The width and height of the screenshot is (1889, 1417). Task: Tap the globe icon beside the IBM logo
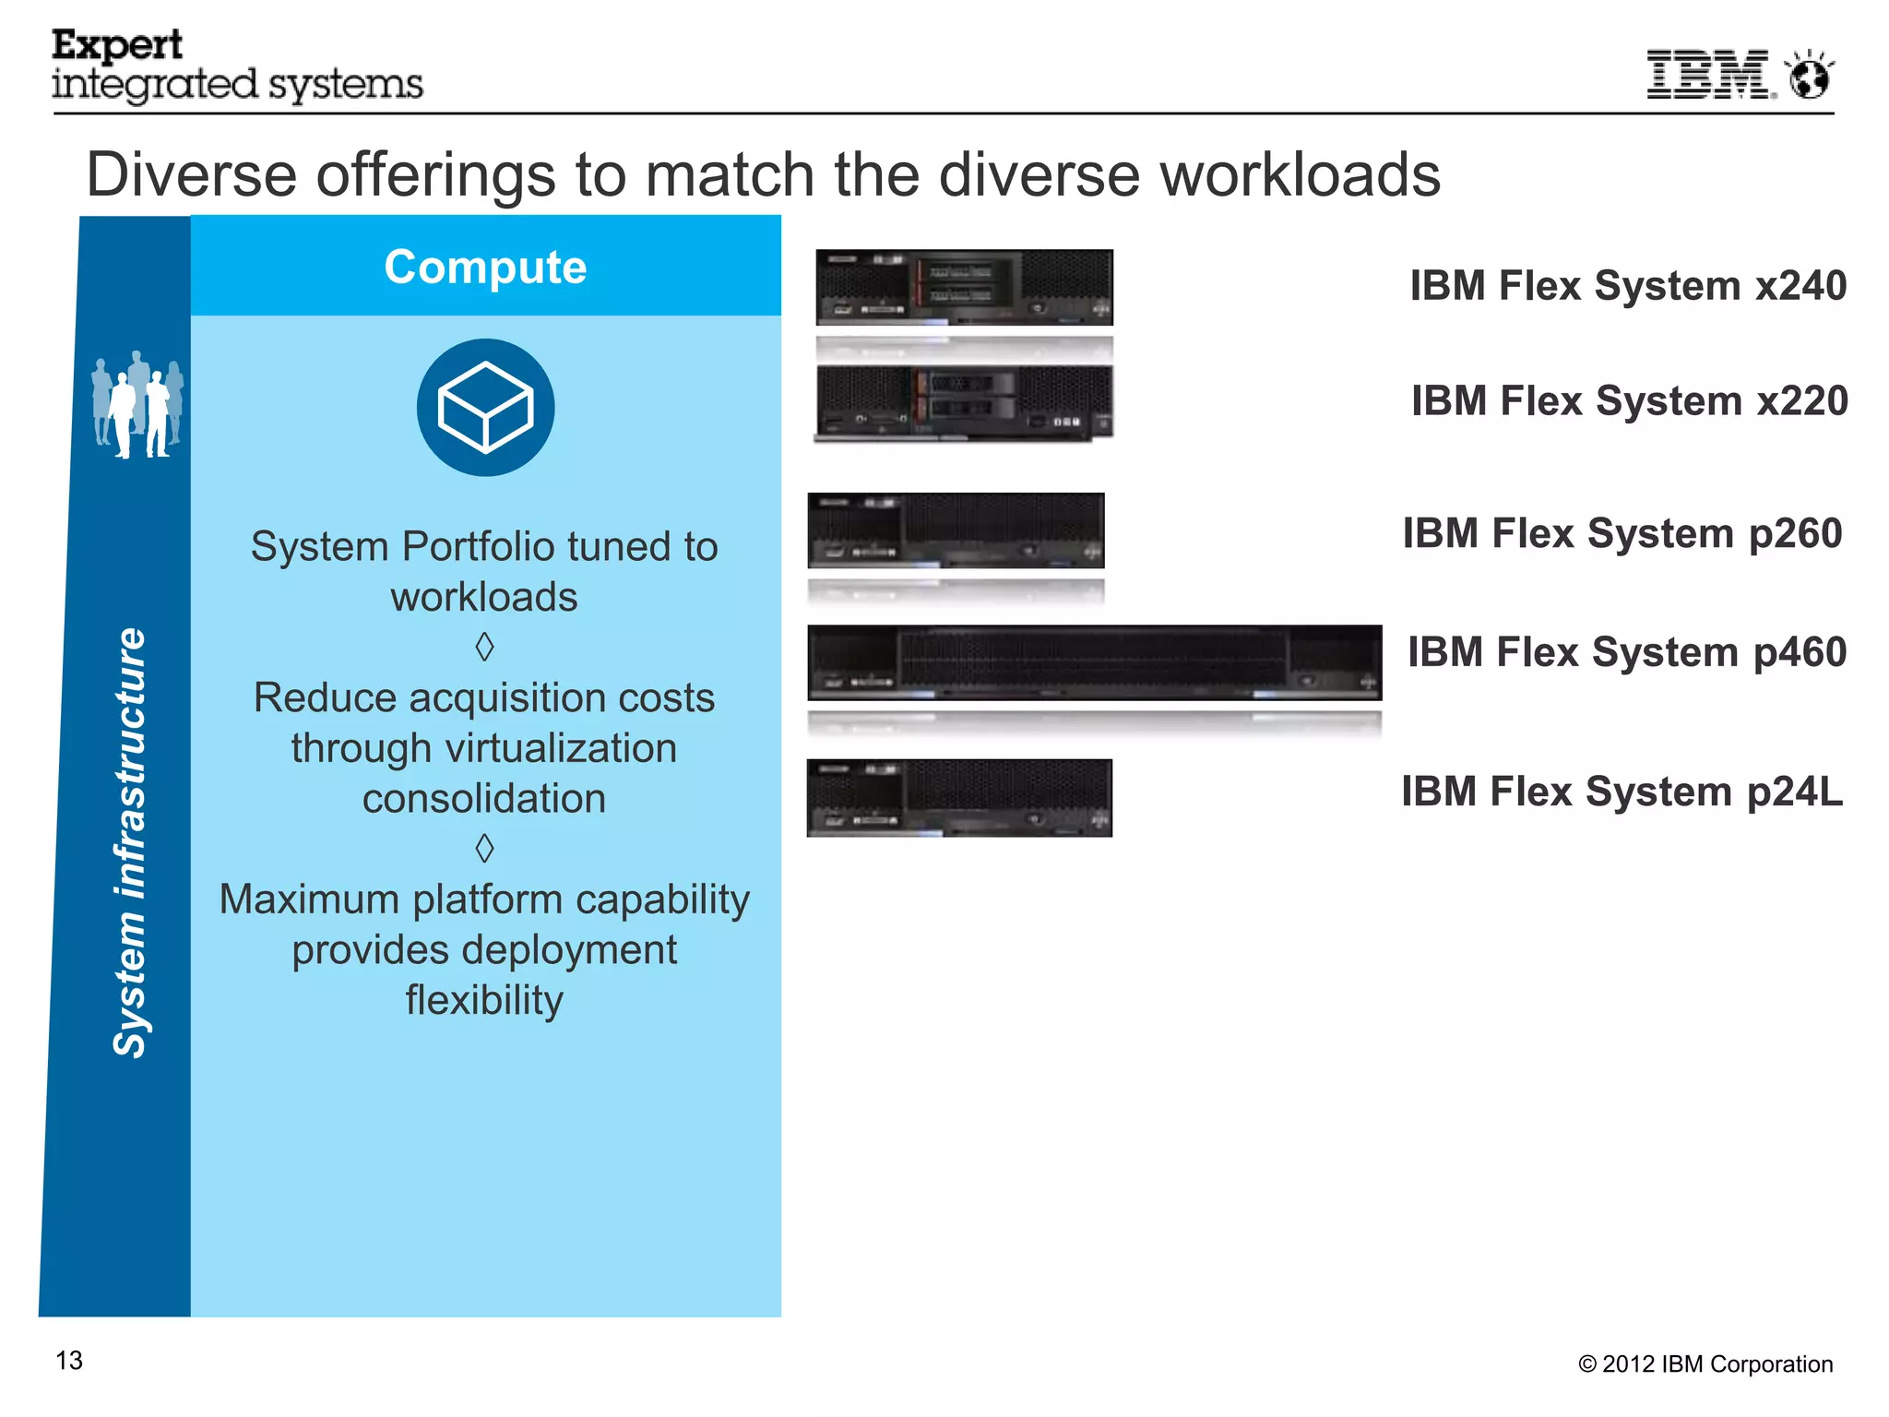1810,76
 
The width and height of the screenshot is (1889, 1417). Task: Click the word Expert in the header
117,45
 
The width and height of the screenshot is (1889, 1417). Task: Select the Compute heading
485,268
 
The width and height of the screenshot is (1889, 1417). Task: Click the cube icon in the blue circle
485,408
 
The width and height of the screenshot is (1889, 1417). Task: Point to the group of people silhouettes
138,404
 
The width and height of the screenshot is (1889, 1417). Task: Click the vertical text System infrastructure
129,841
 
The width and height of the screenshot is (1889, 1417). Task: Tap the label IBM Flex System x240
1628,286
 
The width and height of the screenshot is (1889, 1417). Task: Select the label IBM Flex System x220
1629,401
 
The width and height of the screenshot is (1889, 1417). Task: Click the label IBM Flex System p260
1622,534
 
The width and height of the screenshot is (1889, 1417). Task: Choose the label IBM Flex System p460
1626,652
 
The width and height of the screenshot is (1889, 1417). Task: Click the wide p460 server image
1094,662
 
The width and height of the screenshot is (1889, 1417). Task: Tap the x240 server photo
964,287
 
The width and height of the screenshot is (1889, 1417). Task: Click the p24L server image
959,798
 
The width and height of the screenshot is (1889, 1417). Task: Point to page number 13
69,1361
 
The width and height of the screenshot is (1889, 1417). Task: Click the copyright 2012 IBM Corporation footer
1705,1364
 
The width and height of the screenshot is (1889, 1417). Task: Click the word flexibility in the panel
484,1000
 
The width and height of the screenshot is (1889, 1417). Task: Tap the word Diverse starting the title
191,174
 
